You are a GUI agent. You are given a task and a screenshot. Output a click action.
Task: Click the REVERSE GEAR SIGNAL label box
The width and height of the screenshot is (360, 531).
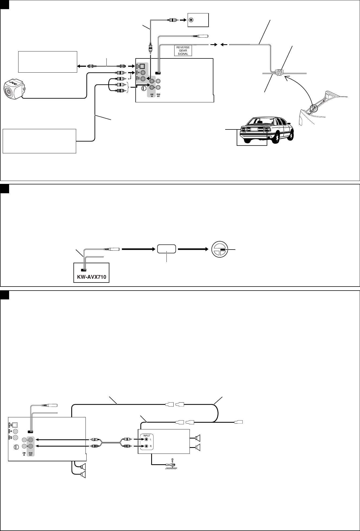tap(183, 50)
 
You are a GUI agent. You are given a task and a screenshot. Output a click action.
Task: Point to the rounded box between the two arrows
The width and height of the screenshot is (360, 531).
tap(166, 249)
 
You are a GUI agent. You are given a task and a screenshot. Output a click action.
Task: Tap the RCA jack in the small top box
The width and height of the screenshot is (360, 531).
tap(191, 20)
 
